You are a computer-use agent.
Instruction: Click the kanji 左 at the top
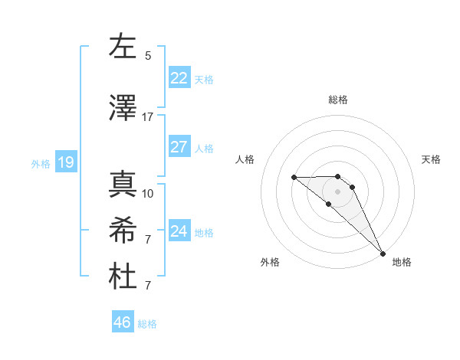pos(123,47)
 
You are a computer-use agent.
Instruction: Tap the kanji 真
pos(123,185)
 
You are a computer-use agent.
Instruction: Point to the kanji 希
pos(123,231)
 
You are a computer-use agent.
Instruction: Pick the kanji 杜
pos(123,277)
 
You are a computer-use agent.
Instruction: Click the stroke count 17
pos(148,116)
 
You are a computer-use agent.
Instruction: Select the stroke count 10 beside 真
pos(148,193)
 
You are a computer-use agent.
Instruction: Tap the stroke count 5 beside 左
pos(148,56)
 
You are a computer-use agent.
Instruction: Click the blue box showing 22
pos(179,78)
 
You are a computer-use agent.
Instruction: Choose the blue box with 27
pos(179,147)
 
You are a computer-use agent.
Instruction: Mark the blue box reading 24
pos(179,231)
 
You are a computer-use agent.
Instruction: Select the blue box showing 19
pos(65,162)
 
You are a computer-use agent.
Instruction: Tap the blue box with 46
pos(123,322)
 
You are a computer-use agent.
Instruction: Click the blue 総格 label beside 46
pos(147,324)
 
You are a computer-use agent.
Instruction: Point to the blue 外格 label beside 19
pos(40,163)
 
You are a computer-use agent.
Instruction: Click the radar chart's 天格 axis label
pos(432,159)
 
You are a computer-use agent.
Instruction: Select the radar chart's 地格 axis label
pos(402,262)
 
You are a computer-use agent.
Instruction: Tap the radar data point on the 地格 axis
pos(382,253)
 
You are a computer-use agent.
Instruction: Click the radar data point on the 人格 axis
pos(294,178)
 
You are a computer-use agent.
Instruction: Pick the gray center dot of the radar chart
pos(338,191)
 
